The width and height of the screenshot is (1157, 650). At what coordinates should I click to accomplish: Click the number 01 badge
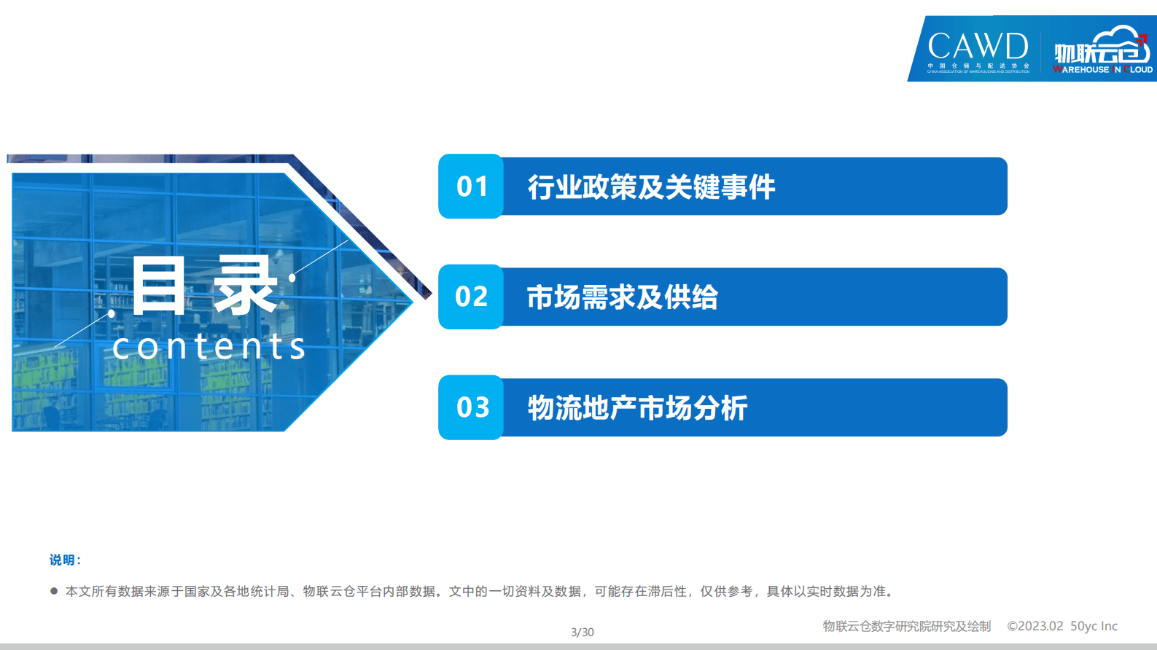[x=472, y=187]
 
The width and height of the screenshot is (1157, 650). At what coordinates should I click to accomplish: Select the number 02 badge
[x=472, y=297]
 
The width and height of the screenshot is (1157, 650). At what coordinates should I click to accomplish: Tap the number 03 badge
[x=472, y=407]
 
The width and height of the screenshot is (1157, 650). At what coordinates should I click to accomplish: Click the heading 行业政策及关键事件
[x=651, y=187]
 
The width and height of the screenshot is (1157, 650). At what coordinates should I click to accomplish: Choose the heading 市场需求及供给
[x=622, y=297]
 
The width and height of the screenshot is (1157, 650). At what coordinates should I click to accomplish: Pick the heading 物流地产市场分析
[x=637, y=408]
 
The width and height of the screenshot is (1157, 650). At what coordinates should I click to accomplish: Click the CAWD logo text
[x=978, y=47]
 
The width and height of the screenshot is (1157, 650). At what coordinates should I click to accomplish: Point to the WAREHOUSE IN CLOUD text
[x=1102, y=70]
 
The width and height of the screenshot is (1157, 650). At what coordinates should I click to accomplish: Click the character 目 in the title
[x=158, y=286]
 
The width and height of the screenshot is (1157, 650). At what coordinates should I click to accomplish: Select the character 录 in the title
[x=245, y=286]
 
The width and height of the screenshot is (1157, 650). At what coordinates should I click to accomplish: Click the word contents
[x=209, y=346]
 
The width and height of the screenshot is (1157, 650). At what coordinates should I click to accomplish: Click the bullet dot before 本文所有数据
[x=54, y=591]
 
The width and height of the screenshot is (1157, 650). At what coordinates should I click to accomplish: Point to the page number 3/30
[x=582, y=633]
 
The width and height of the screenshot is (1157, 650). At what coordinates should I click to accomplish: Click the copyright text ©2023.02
[x=1035, y=626]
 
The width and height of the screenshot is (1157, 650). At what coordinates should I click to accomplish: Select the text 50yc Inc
[x=1094, y=626]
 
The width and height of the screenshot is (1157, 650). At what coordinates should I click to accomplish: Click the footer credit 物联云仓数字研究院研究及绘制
[x=906, y=626]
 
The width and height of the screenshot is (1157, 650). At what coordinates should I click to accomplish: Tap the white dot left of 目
[x=112, y=313]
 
